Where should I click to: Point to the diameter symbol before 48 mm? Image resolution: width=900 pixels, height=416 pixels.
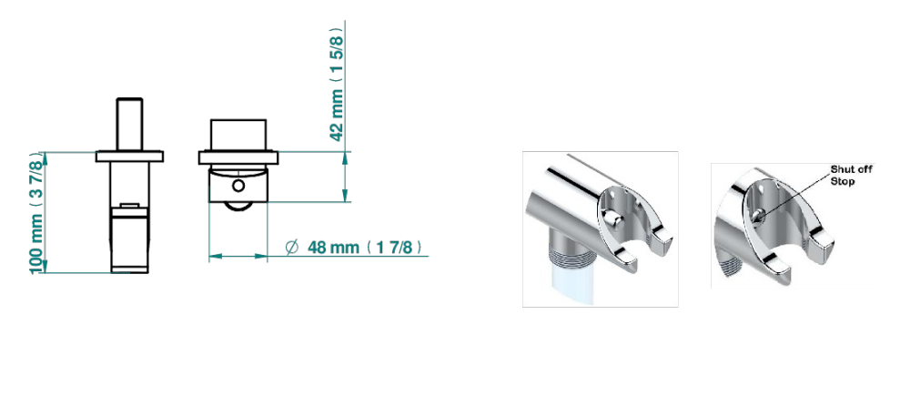point(292,248)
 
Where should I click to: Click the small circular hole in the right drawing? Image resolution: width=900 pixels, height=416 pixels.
point(238,186)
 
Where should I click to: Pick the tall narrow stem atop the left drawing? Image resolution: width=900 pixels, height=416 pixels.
point(130,125)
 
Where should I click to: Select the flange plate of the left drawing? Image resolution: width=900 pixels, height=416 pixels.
point(130,156)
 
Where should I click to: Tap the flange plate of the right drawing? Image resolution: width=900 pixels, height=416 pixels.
point(238,157)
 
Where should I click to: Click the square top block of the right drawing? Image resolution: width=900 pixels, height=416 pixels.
point(238,136)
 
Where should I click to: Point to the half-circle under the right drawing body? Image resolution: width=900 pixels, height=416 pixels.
point(238,207)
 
